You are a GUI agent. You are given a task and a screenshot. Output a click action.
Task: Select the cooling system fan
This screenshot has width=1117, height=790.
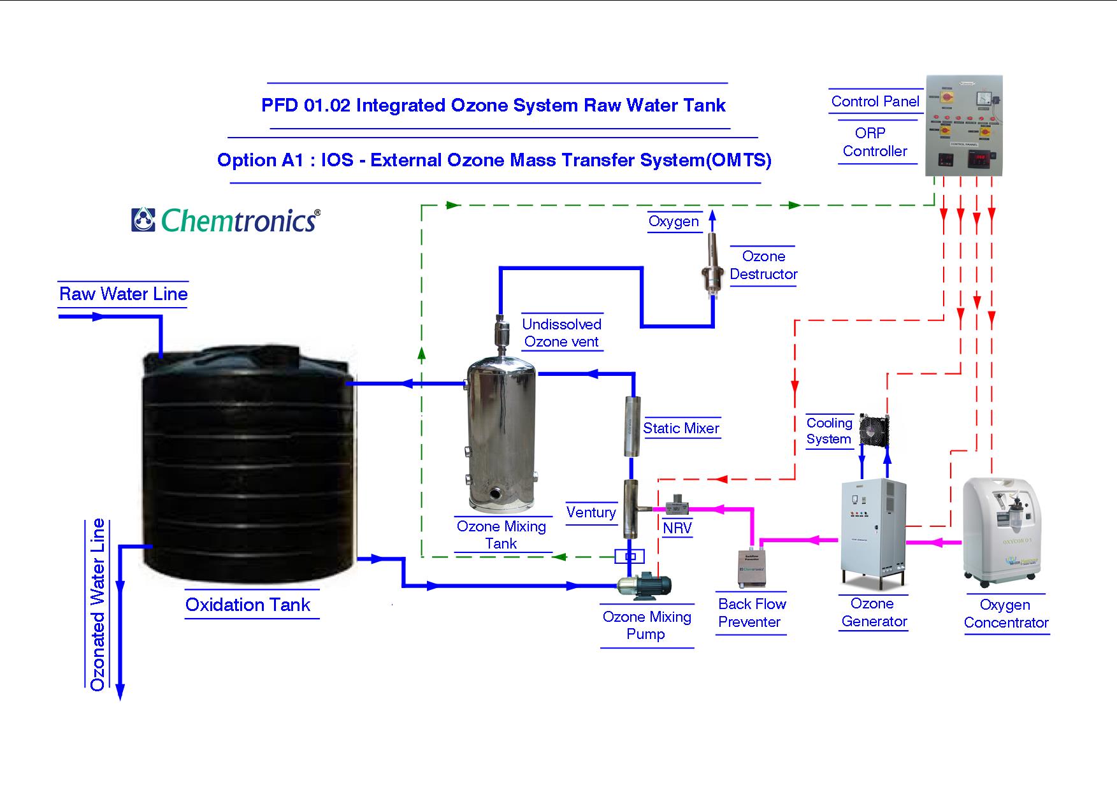(874, 429)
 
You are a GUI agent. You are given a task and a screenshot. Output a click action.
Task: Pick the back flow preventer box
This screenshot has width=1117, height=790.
(751, 569)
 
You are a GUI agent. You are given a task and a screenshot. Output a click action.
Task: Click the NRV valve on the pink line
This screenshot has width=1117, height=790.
(675, 508)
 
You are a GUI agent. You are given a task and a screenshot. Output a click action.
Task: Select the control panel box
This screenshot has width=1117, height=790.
(963, 126)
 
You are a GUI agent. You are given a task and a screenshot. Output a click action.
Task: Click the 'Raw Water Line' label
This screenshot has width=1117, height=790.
(124, 294)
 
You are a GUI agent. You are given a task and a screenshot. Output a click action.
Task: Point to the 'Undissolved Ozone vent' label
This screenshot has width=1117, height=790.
(561, 333)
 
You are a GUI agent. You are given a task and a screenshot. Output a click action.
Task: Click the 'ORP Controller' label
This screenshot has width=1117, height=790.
(874, 142)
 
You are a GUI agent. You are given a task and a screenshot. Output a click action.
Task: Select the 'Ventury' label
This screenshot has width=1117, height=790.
(591, 512)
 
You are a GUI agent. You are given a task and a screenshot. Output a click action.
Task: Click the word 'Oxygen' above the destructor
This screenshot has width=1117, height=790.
(674, 221)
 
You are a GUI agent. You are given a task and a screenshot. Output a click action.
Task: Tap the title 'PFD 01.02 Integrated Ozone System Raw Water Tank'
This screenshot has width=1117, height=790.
(493, 105)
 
